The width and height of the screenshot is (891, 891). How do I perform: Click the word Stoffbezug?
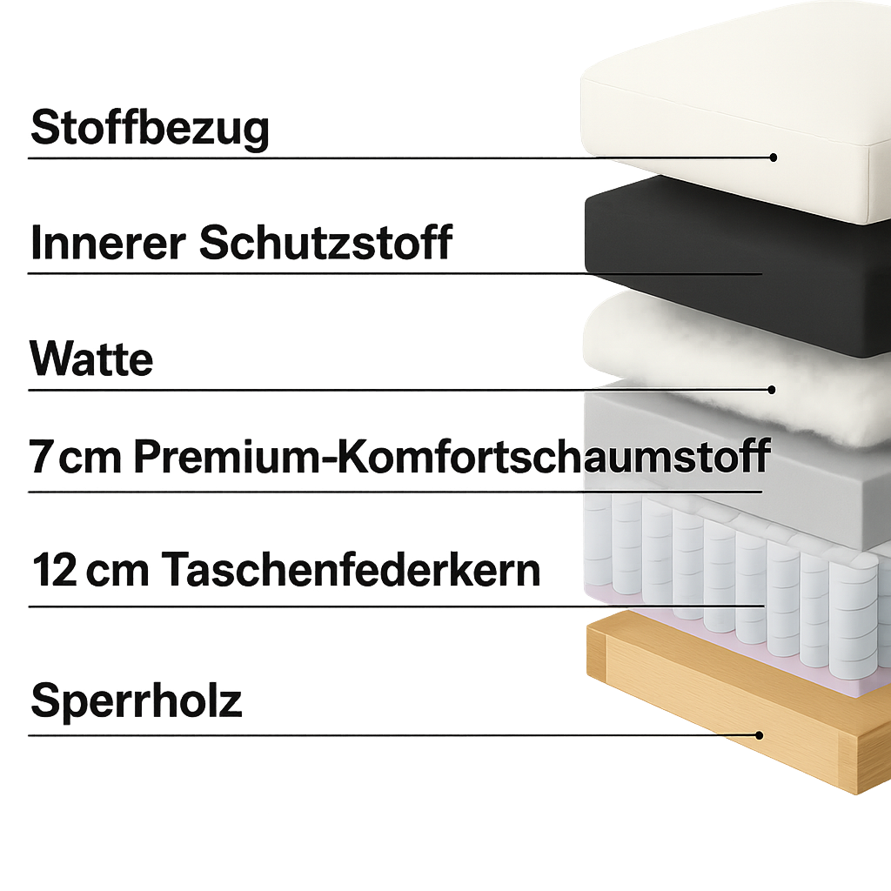(x=150, y=128)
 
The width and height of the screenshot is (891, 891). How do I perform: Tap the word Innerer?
(x=104, y=242)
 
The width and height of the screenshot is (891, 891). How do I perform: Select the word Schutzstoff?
(x=325, y=242)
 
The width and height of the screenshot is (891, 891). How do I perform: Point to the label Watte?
(x=91, y=358)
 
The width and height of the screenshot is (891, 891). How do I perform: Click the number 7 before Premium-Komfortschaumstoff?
(x=41, y=457)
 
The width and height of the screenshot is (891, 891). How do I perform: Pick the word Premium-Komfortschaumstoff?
(x=452, y=457)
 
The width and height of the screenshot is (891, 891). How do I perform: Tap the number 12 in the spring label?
(x=54, y=570)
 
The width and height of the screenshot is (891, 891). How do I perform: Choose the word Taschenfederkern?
(x=351, y=570)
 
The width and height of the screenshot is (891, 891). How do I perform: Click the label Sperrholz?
(x=137, y=700)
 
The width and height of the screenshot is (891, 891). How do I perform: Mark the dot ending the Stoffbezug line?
(x=773, y=157)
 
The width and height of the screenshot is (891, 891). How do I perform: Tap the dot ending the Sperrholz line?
(x=759, y=735)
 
